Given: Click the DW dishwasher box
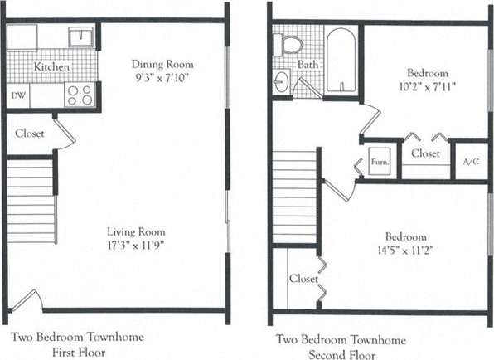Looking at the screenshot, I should pos(18,95).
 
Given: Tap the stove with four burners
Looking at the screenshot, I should pos(80,95).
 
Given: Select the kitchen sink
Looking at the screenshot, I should pos(81,37).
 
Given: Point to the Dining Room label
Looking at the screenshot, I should pos(162,64).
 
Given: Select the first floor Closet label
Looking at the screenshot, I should pos(31,134).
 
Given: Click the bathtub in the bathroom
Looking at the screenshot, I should pos(340,61).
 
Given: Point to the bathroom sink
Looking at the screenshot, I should pos(280,82).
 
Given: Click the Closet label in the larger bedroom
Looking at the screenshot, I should pos(303,279).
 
